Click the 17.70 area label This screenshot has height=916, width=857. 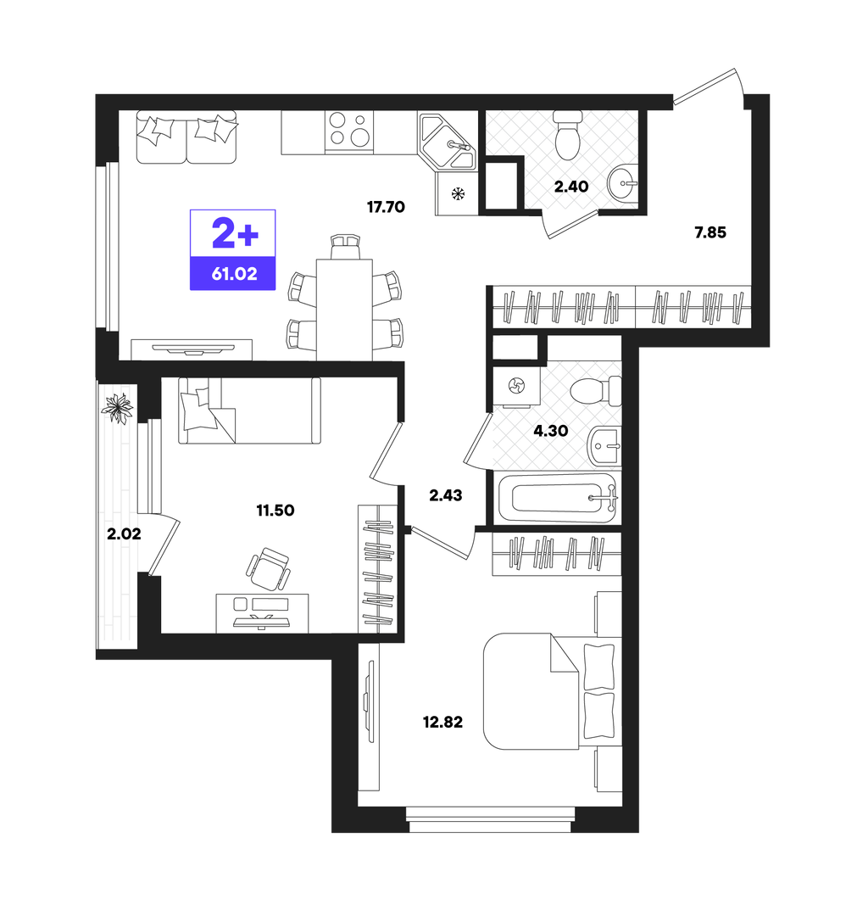(386, 207)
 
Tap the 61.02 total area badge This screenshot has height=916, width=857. (233, 250)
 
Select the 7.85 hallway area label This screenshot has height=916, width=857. (710, 232)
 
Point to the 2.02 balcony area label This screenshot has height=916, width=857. (124, 533)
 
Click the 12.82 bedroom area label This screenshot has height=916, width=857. (442, 722)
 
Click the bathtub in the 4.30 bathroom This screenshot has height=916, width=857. (557, 499)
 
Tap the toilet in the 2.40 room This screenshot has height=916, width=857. (567, 136)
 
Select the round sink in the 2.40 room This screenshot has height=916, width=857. (622, 183)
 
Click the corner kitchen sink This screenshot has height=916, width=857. (448, 142)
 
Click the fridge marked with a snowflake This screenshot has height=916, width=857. (457, 193)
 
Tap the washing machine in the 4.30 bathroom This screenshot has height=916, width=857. (516, 386)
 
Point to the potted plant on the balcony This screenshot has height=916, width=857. (119, 407)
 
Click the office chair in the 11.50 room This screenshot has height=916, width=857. (269, 569)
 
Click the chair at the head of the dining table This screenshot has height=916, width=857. (344, 247)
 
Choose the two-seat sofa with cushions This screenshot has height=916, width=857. (186, 137)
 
